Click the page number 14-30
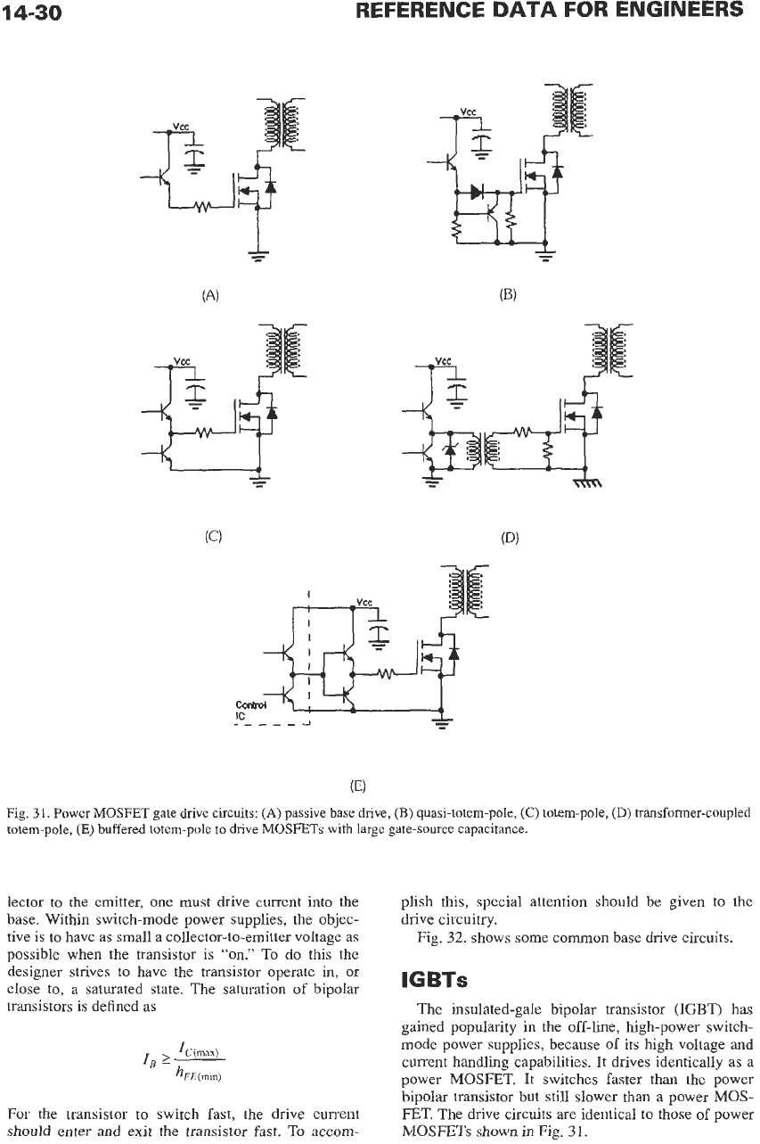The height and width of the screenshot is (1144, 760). (31, 12)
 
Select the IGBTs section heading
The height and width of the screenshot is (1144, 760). (435, 980)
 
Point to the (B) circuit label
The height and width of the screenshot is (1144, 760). (508, 294)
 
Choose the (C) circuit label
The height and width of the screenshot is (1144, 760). (213, 536)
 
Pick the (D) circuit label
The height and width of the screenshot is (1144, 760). (510, 538)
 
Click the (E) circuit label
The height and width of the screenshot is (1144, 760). (358, 785)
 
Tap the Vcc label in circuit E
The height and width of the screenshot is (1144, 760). (364, 603)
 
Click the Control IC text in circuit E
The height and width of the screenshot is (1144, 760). (250, 711)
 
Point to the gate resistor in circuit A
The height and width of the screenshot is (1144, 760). (203, 208)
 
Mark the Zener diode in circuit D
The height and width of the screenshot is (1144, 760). (450, 450)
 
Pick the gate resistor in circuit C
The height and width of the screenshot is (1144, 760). (204, 433)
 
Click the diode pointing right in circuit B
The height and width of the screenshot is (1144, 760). (477, 192)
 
